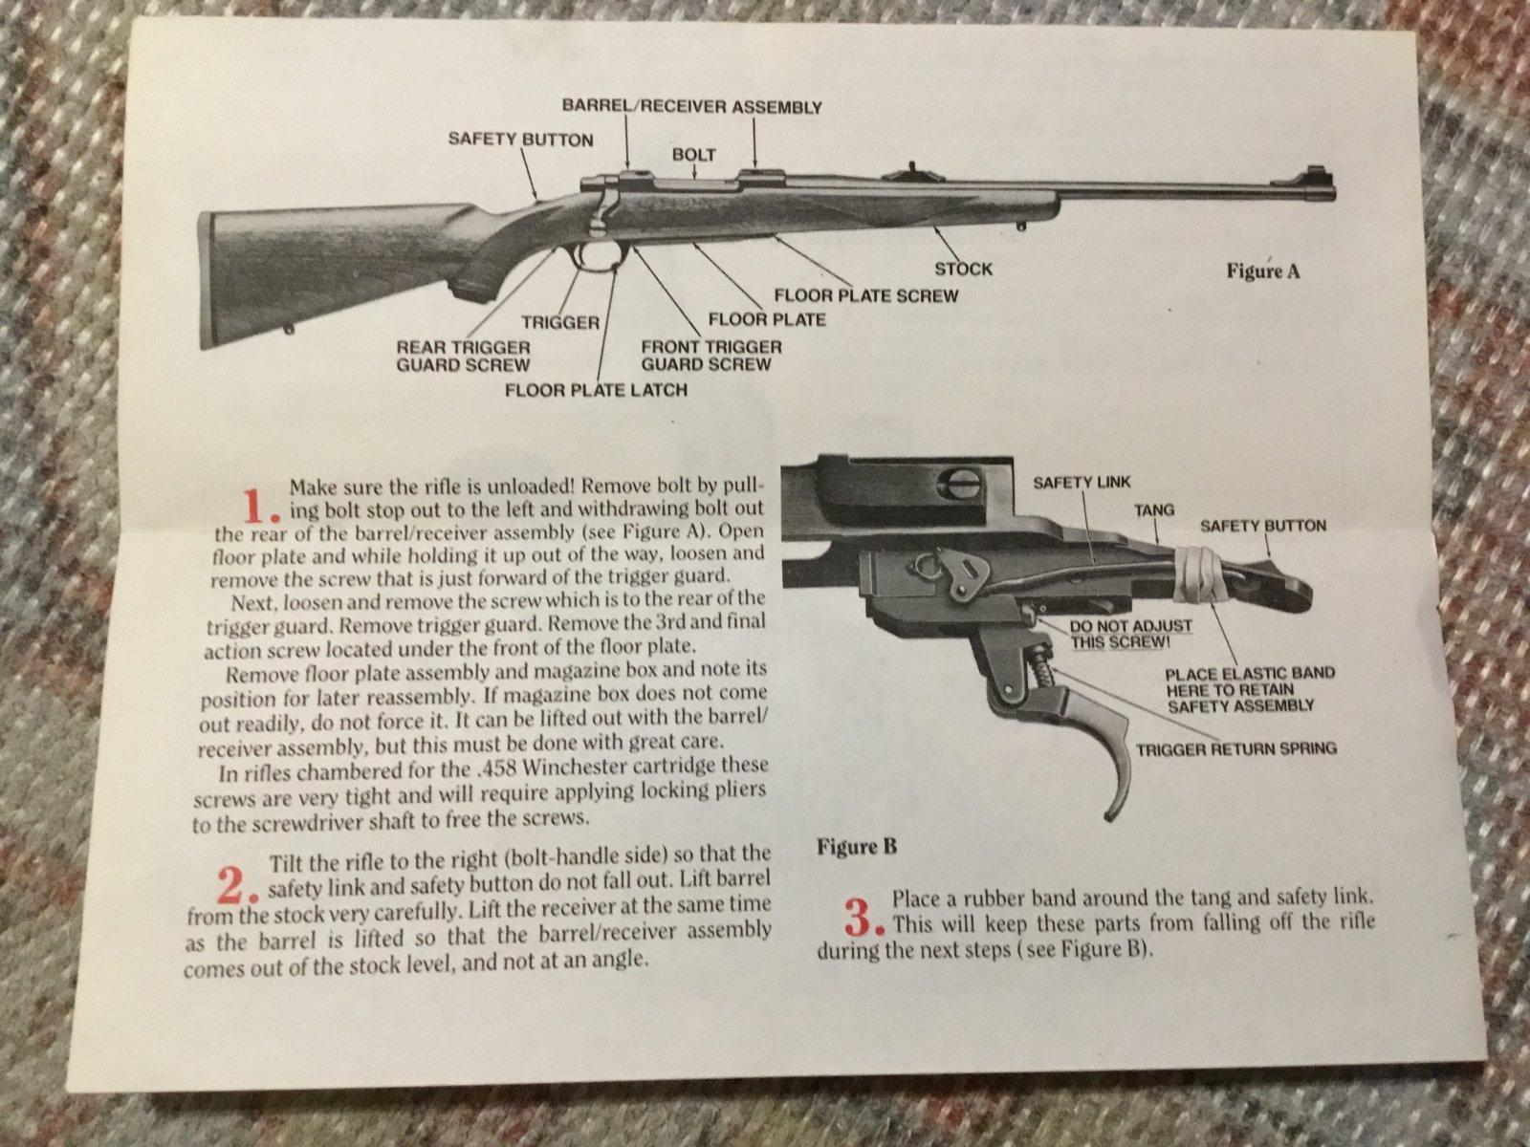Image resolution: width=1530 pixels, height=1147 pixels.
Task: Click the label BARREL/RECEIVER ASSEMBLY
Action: pyautogui.click(x=692, y=106)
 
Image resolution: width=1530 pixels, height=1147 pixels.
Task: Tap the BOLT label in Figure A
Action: pyautogui.click(x=693, y=154)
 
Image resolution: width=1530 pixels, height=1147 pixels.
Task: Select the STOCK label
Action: pyautogui.click(x=963, y=269)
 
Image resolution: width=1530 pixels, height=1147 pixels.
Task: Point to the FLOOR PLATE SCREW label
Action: pyautogui.click(x=866, y=295)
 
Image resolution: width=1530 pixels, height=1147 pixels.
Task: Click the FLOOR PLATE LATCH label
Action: pyautogui.click(x=596, y=389)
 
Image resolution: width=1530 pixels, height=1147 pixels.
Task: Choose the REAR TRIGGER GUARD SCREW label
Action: pyautogui.click(x=464, y=356)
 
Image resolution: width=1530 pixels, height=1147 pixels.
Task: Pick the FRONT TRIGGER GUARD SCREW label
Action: pyautogui.click(x=711, y=356)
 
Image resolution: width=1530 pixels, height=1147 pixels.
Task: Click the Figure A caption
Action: pyautogui.click(x=1263, y=271)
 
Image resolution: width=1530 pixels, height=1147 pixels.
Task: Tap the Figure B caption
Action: pyautogui.click(x=857, y=847)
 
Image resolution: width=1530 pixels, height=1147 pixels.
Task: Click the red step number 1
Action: pyautogui.click(x=261, y=506)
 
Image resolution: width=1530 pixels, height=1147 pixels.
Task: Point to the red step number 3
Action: pyautogui.click(x=863, y=918)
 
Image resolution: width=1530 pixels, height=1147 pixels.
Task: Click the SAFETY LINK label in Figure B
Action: pyautogui.click(x=1082, y=482)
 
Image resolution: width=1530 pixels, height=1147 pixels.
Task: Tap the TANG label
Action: pyautogui.click(x=1154, y=510)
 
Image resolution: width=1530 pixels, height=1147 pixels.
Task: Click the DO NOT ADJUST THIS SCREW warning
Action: pyautogui.click(x=1130, y=634)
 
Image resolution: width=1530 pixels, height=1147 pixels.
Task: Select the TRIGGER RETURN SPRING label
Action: pyautogui.click(x=1236, y=749)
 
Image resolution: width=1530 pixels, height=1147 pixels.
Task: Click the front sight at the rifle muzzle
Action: pyautogui.click(x=1320, y=178)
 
